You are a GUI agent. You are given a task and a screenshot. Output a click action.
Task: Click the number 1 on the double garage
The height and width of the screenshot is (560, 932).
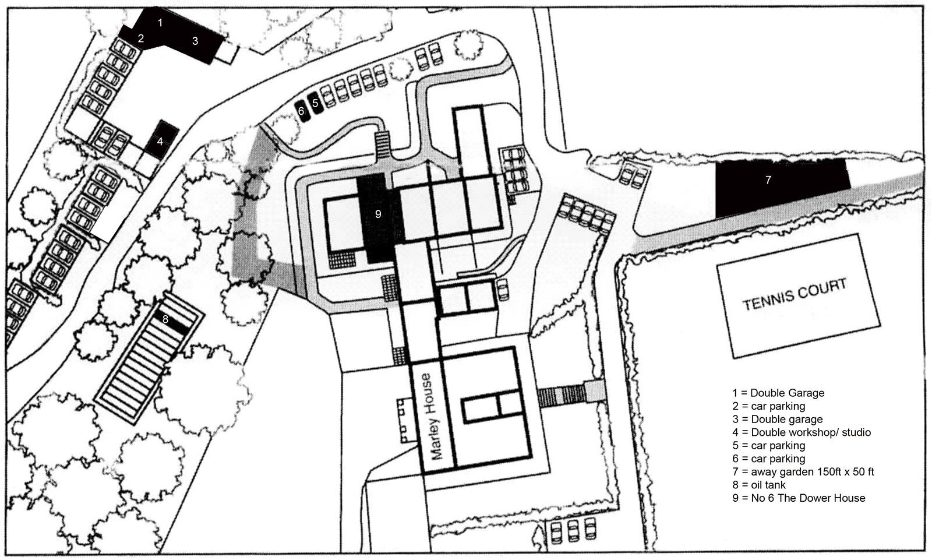(x=160, y=23)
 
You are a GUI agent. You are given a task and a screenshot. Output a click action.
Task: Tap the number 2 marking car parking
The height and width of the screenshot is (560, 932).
(x=141, y=38)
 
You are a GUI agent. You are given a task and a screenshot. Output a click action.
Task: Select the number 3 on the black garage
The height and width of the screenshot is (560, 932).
(x=195, y=41)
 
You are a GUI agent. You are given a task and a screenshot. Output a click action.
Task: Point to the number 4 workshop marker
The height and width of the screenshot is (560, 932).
(x=160, y=142)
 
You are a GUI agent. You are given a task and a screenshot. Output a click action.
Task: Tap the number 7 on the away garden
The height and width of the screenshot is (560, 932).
(x=768, y=179)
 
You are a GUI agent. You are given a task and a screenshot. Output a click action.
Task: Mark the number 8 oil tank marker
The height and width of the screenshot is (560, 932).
(x=165, y=319)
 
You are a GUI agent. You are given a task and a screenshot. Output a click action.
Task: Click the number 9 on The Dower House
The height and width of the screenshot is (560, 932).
(x=378, y=214)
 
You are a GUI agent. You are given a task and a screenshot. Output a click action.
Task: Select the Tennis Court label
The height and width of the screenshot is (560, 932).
(x=795, y=294)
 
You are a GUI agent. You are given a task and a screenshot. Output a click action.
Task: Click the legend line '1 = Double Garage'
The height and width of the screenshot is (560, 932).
(x=778, y=393)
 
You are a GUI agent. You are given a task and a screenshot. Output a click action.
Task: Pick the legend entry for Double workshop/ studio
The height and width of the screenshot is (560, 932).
(x=802, y=432)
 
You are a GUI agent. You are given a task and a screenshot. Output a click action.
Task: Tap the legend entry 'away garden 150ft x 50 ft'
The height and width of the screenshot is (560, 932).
(x=803, y=472)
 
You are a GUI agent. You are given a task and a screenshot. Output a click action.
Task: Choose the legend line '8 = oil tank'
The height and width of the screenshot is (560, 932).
(x=759, y=485)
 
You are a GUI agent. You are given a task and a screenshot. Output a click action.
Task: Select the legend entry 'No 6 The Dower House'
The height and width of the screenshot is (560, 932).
(x=799, y=498)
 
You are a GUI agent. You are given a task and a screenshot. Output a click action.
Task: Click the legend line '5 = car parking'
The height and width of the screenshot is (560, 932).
(x=769, y=446)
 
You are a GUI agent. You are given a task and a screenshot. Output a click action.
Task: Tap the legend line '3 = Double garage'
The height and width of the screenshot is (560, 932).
(x=778, y=419)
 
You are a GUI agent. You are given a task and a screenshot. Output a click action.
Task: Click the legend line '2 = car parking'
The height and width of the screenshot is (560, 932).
(x=769, y=406)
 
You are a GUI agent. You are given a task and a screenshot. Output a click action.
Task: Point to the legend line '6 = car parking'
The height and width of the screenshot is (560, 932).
(x=769, y=459)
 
